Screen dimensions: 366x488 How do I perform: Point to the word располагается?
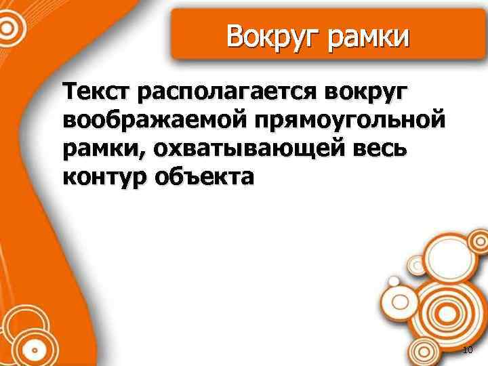[226, 92]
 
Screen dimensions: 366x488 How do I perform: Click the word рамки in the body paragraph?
[102, 149]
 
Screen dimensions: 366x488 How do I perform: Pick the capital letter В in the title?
[235, 36]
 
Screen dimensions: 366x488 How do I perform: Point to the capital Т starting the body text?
[70, 91]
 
